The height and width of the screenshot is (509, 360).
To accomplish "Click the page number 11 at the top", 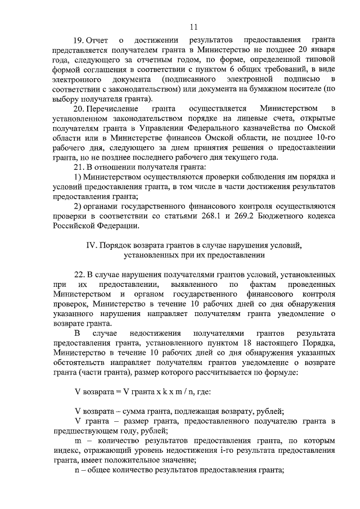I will (193, 26).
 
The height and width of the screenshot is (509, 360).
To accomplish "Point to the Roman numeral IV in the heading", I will (90, 245).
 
